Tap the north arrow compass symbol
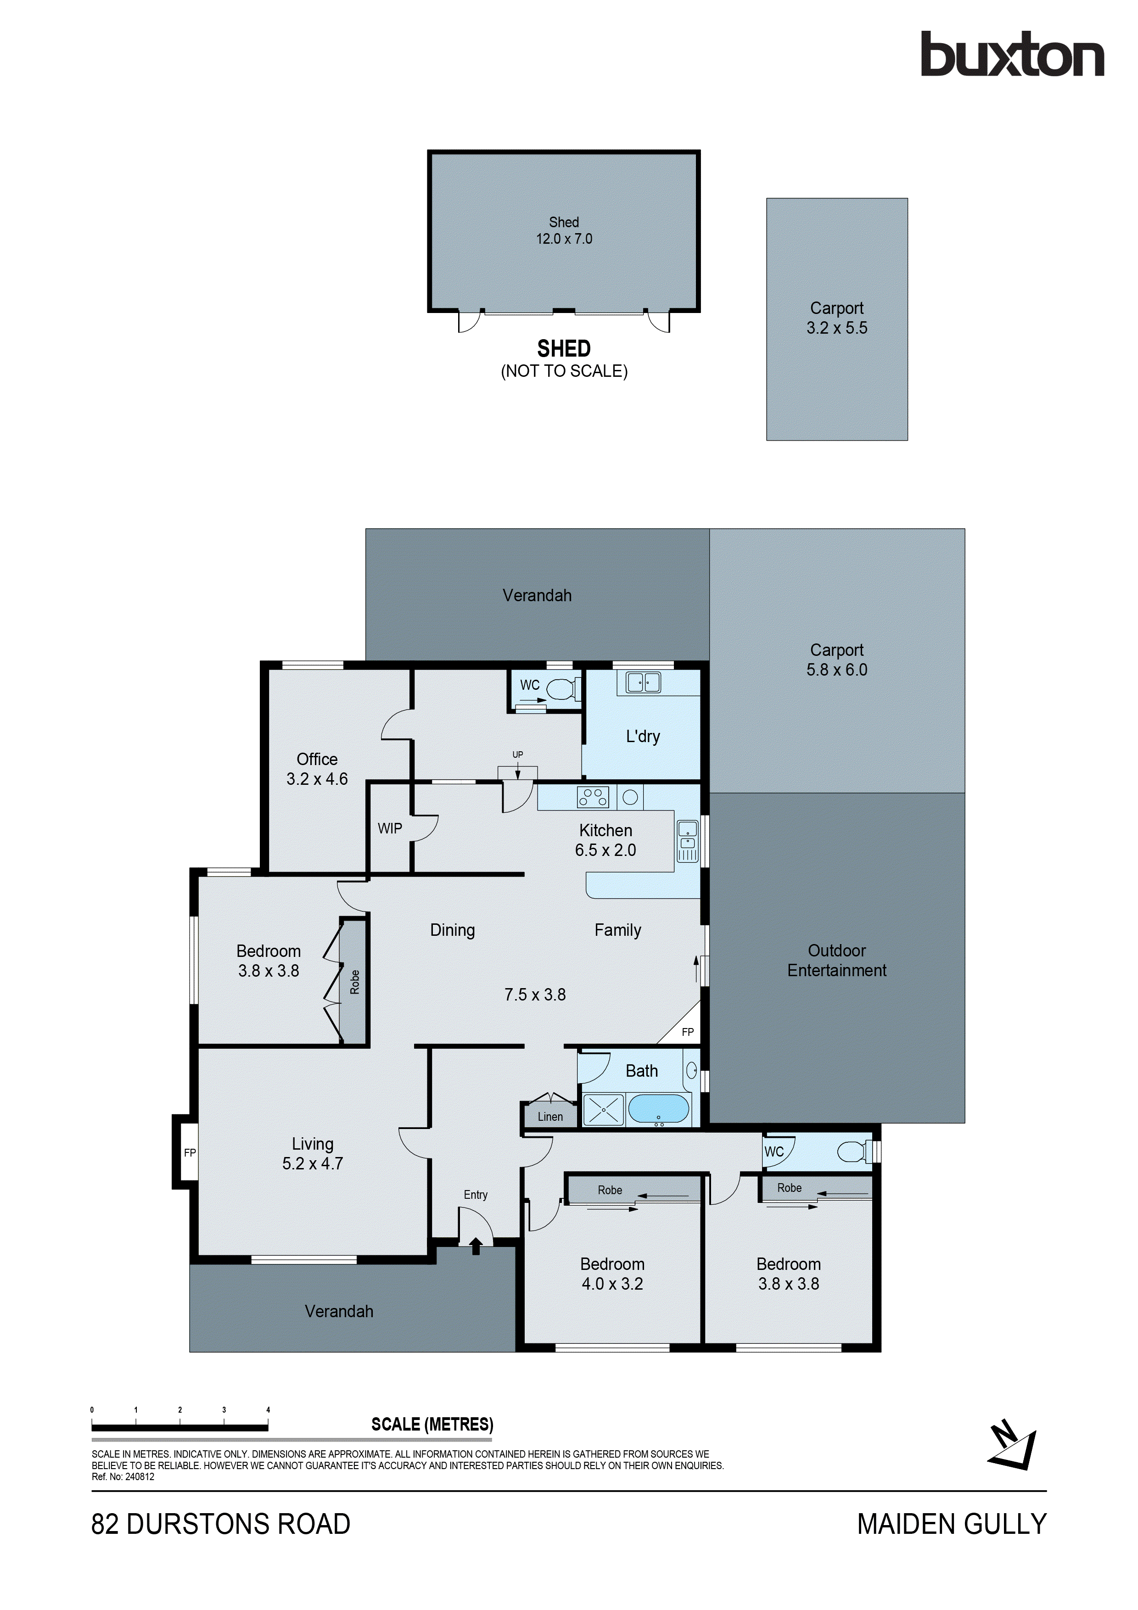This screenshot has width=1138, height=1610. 1012,1444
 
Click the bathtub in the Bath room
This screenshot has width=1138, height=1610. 658,1109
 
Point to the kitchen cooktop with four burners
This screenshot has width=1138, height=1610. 593,797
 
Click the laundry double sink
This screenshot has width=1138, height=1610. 643,682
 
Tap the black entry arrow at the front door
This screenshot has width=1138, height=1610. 476,1246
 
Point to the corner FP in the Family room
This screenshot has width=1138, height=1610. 687,1032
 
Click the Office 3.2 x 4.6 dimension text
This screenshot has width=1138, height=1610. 317,778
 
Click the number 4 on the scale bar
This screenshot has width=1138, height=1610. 268,1409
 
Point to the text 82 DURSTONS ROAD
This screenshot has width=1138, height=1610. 221,1524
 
